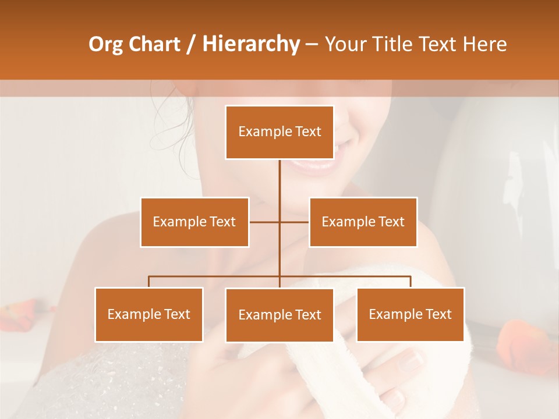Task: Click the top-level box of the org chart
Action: coord(279,132)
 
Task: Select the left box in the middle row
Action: coord(194,222)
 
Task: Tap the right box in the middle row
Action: coord(363,222)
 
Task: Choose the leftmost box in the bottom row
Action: coord(149,314)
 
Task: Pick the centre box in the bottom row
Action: coord(279,315)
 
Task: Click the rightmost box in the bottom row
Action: coord(411,314)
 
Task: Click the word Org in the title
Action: coord(105,44)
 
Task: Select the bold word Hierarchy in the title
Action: coord(251,44)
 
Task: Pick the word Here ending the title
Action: coord(484,44)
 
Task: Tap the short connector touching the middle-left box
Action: coord(263,222)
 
